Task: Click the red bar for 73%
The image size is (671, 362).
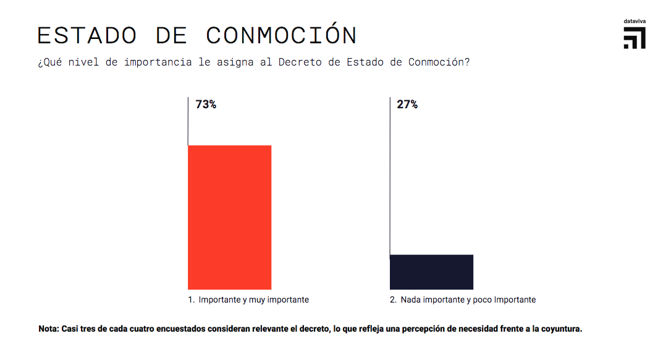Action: click(x=229, y=217)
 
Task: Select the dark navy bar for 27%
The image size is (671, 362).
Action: click(x=431, y=272)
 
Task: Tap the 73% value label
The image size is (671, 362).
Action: click(x=206, y=105)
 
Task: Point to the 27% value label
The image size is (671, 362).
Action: click(x=407, y=105)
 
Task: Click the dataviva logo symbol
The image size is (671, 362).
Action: click(x=635, y=38)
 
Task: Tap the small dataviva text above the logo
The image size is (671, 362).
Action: click(x=635, y=22)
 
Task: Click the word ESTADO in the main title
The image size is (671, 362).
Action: click(x=87, y=35)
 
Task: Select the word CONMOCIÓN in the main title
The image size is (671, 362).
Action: click(x=281, y=35)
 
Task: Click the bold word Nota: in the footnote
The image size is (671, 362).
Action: click(x=49, y=329)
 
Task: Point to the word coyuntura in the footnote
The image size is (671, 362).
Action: click(x=560, y=329)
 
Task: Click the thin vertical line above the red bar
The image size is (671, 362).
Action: click(x=188, y=121)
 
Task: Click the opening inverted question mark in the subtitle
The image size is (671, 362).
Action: click(x=40, y=62)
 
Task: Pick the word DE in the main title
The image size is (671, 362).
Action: click(x=171, y=35)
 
